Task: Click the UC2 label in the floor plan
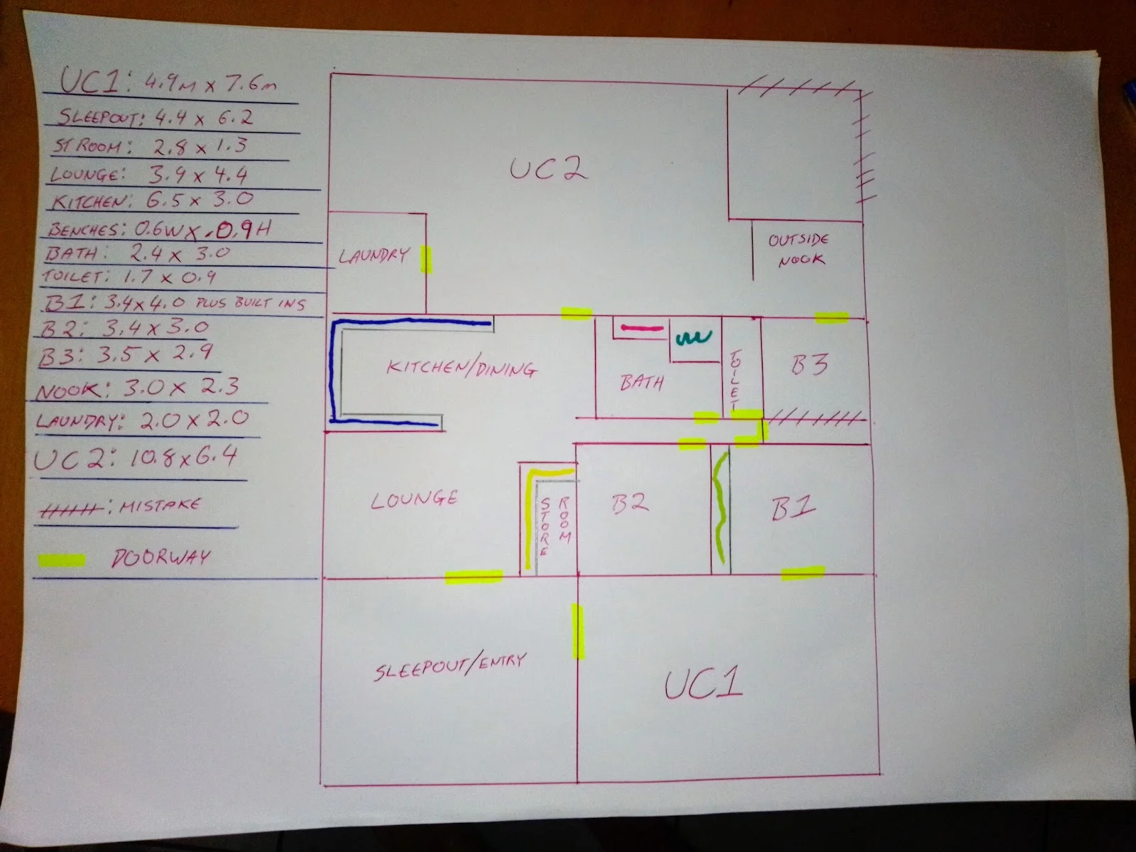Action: point(549,169)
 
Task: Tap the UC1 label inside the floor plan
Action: point(704,684)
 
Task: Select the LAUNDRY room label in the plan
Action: point(373,256)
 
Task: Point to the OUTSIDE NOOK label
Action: point(799,249)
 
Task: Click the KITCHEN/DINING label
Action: point(461,368)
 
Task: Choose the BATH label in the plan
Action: point(642,382)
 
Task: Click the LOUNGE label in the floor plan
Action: point(414,499)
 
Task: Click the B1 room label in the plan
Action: point(793,508)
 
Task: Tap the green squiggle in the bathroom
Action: point(694,338)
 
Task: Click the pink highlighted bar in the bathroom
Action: point(643,328)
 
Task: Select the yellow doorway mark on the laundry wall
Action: point(426,260)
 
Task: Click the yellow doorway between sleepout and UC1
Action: point(578,631)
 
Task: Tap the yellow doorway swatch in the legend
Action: point(62,560)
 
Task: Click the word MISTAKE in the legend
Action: point(160,505)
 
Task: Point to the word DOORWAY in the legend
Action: point(161,557)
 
